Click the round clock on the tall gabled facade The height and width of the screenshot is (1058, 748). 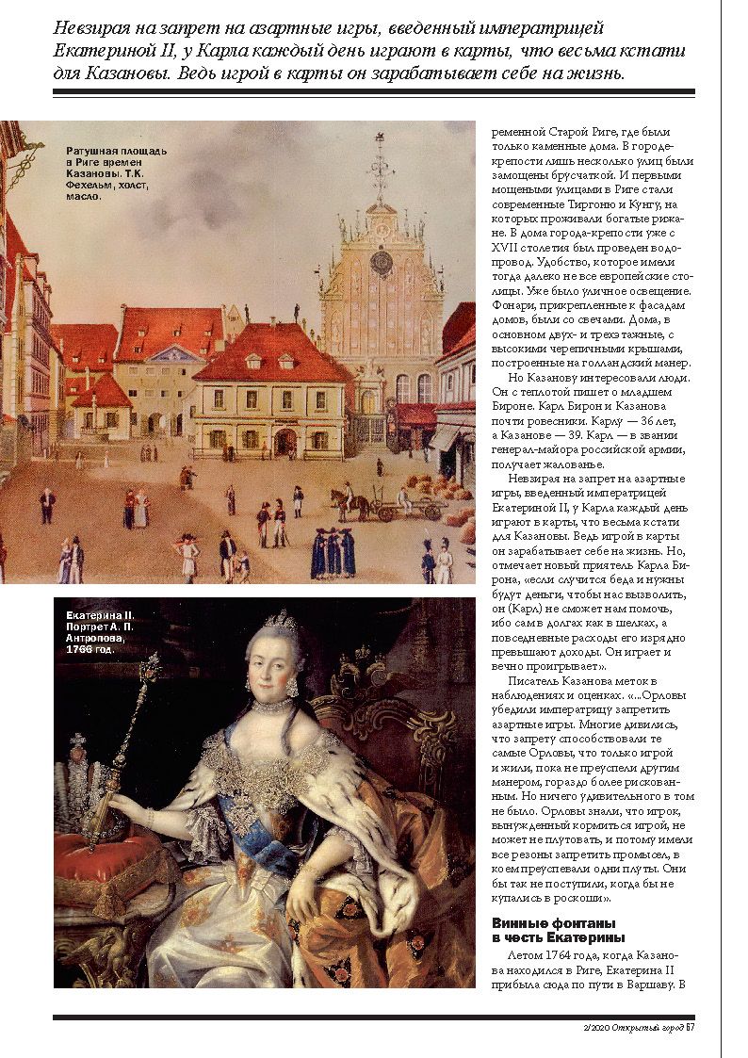coord(381,261)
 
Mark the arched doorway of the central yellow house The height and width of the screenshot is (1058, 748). coord(285,442)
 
